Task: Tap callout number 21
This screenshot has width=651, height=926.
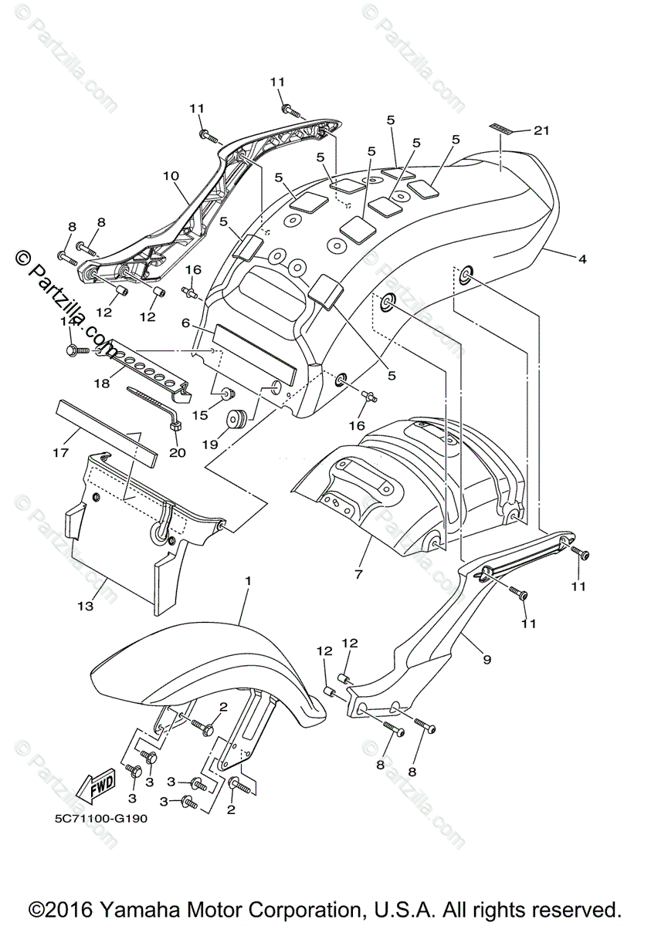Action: click(x=541, y=131)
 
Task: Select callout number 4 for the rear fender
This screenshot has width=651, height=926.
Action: click(x=581, y=260)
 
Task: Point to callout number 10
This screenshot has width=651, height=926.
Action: click(x=171, y=176)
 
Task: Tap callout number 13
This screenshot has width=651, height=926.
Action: click(x=85, y=607)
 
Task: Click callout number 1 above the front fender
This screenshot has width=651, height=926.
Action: click(x=249, y=580)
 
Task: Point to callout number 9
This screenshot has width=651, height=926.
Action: click(x=487, y=660)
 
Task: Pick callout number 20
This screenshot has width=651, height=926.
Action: click(x=177, y=453)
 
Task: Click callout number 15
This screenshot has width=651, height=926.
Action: click(x=200, y=415)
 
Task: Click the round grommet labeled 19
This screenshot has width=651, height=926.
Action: click(x=236, y=420)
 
